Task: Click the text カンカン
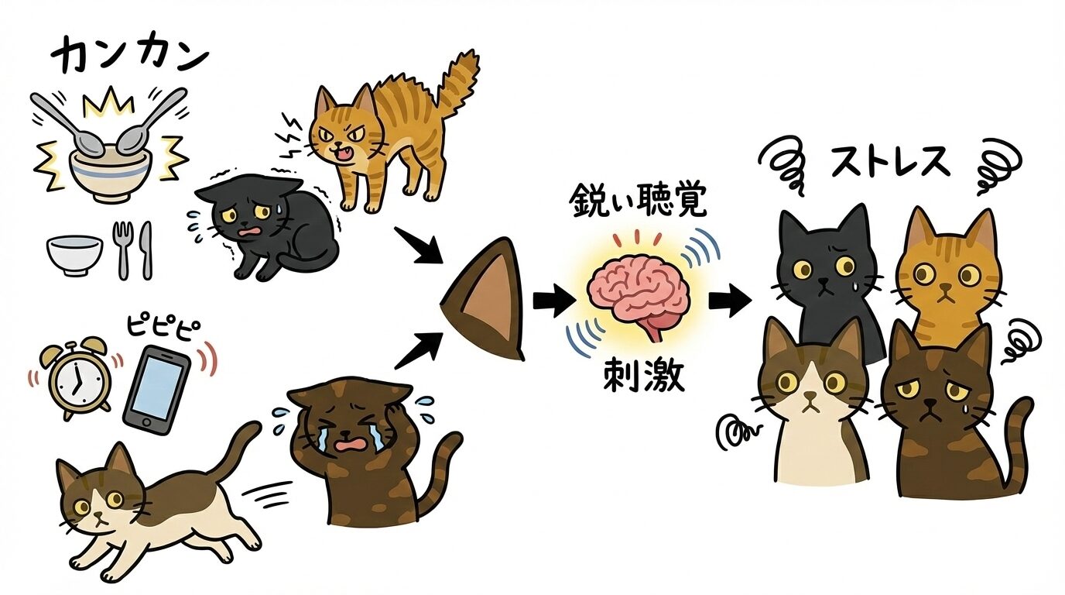(x=130, y=56)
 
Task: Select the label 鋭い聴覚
(x=638, y=203)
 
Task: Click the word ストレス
(x=889, y=162)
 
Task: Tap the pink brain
(x=639, y=294)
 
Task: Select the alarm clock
(x=75, y=376)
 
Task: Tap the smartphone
(x=156, y=390)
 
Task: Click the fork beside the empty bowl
(x=122, y=249)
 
